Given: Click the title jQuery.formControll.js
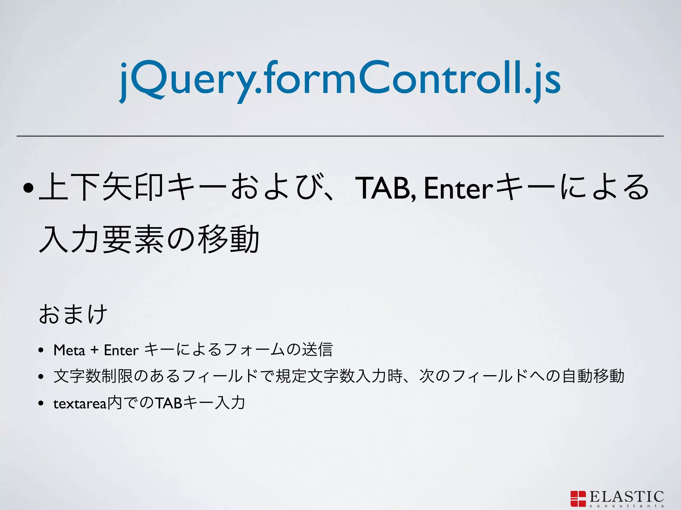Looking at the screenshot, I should coord(340,80).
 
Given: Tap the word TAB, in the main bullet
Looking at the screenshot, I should coord(386,188).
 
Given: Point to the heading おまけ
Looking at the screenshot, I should coord(73,313).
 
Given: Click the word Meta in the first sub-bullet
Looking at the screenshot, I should coord(69,350).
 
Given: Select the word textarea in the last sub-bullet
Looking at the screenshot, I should coord(80,404).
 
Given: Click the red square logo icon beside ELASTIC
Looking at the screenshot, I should coord(578,498).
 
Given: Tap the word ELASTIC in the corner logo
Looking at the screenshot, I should coord(626,497).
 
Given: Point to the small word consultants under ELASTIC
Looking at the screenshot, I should coord(626,506).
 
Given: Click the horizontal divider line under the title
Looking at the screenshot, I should coord(340,136).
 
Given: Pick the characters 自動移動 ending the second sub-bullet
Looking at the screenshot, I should coord(593,376).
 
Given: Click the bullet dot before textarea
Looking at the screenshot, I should coord(41,403).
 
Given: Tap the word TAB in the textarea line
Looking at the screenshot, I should coord(169,403).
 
